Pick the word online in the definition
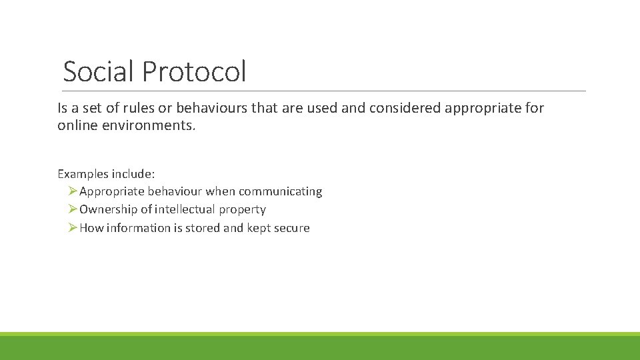(75, 125)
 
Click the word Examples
(83, 174)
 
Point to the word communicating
(280, 192)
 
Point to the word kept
(259, 228)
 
